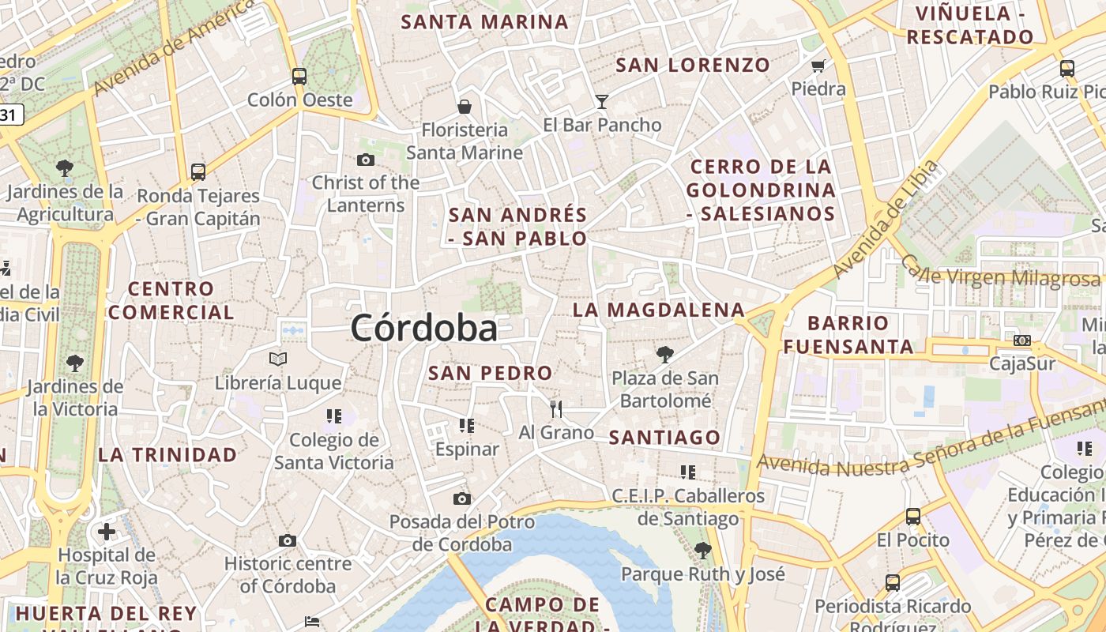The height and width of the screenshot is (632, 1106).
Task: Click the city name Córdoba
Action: (x=424, y=328)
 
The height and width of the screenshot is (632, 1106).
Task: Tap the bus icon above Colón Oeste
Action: (x=299, y=76)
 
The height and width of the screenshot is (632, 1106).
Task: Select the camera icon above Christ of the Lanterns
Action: (x=365, y=160)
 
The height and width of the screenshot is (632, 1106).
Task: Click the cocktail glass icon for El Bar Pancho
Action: (x=602, y=101)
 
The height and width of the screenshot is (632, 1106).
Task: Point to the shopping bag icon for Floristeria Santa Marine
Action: (x=465, y=106)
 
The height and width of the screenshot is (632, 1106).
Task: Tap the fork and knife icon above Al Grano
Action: (x=556, y=408)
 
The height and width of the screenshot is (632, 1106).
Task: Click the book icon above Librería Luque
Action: (x=278, y=359)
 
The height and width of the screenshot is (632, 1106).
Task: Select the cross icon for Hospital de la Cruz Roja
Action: (x=107, y=531)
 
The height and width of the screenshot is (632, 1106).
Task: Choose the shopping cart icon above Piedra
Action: (x=818, y=66)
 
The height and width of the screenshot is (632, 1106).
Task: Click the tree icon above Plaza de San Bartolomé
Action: (x=665, y=354)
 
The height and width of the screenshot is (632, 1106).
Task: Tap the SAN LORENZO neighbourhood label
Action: (x=693, y=65)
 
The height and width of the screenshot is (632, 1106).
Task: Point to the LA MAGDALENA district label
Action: (x=659, y=310)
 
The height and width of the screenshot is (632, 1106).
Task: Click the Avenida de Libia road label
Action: (x=886, y=219)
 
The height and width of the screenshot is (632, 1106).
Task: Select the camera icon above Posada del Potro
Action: (x=462, y=498)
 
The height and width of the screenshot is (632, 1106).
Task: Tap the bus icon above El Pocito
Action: (x=913, y=517)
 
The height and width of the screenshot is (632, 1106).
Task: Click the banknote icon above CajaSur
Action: (x=1022, y=340)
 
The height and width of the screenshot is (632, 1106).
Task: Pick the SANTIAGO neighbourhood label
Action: (x=664, y=437)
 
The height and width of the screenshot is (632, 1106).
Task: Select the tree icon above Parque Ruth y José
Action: (x=702, y=550)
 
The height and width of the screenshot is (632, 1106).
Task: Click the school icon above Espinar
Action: (x=467, y=426)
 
